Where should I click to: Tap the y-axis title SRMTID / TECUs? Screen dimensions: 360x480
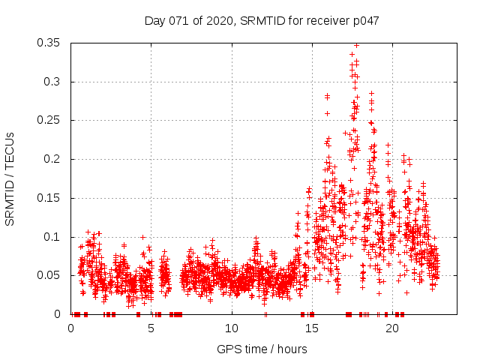tap(10, 178)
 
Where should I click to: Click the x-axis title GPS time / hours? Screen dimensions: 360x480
tap(262, 349)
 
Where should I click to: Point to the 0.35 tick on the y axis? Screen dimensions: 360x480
tap(49, 43)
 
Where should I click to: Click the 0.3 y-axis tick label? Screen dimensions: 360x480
tap(52, 82)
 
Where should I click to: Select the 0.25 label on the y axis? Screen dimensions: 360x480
tap(49, 120)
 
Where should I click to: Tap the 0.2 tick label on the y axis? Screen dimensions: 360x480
tap(52, 159)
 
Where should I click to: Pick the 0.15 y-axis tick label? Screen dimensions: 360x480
tap(49, 198)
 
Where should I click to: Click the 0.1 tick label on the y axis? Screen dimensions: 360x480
tap(52, 237)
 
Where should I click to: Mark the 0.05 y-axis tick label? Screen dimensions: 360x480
tap(49, 275)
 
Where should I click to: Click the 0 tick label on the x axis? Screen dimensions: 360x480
tap(71, 328)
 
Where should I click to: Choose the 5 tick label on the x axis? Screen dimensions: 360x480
tap(151, 328)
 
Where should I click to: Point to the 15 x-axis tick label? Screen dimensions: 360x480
tap(311, 328)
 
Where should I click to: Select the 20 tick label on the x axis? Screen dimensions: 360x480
tap(391, 328)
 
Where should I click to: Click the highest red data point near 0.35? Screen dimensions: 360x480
tap(356, 46)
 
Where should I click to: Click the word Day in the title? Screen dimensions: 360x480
tap(154, 21)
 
